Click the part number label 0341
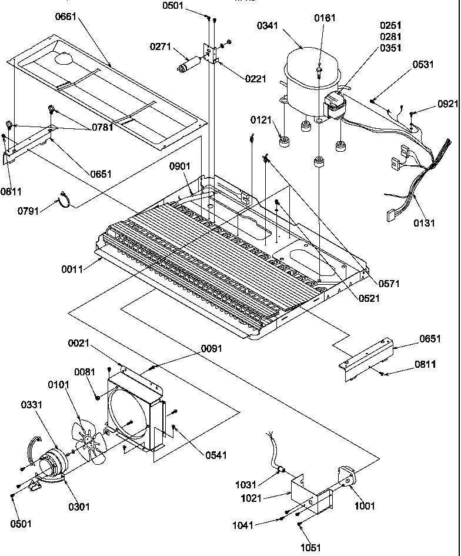(x=269, y=26)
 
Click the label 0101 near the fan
(x=59, y=385)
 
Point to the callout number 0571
(x=389, y=284)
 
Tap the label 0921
(x=447, y=104)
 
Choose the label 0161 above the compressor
(x=324, y=18)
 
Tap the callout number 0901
(x=180, y=167)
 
